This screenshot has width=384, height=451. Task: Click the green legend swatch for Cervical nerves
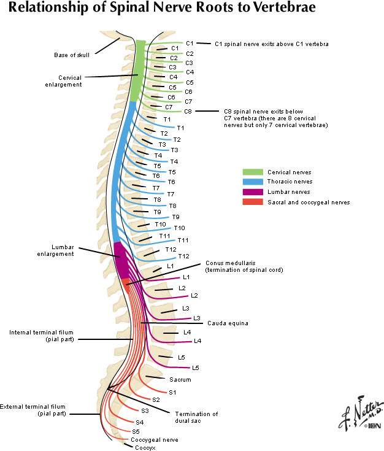point(252,172)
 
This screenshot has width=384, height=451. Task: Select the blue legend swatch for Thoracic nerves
point(252,182)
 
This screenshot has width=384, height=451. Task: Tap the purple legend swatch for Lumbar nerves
point(252,191)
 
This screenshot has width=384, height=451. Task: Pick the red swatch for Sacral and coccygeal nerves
point(252,202)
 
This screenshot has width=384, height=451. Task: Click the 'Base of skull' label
point(71,55)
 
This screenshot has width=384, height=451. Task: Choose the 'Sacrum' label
point(180,380)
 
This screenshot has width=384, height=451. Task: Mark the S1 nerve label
point(172,391)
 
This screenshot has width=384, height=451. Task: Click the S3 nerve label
point(145,411)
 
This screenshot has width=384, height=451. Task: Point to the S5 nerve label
point(136,432)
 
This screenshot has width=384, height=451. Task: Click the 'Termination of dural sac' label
point(196,417)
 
